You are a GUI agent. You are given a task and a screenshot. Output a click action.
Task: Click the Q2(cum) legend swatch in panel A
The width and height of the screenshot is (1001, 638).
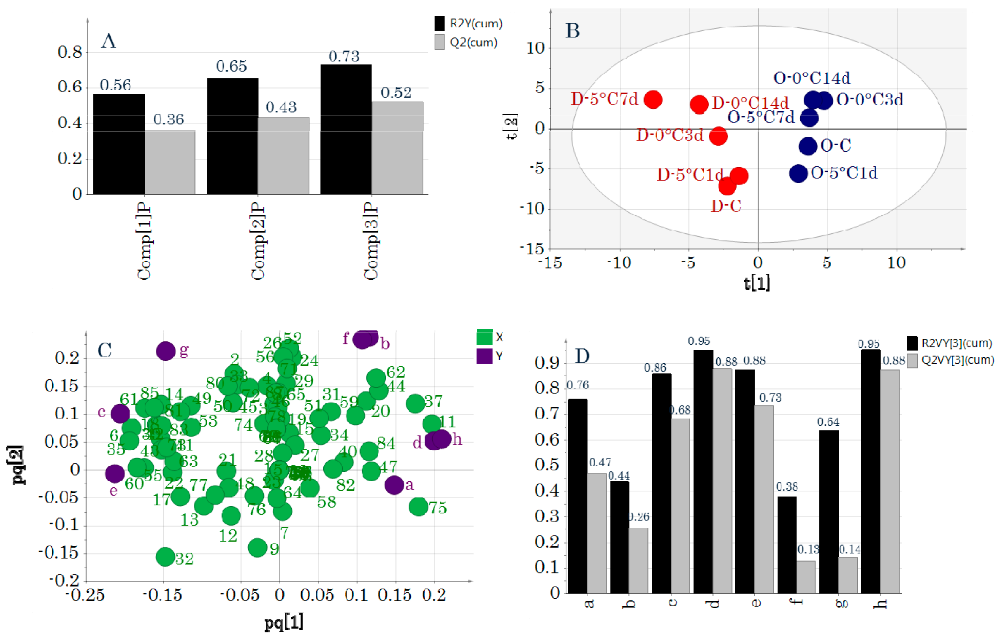click(x=440, y=42)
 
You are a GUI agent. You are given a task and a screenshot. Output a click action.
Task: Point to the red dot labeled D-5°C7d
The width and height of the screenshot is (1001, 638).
click(x=653, y=100)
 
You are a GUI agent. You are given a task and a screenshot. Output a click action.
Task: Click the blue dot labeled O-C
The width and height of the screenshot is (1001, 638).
click(x=808, y=146)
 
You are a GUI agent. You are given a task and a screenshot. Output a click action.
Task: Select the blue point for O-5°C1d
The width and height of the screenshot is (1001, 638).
click(x=798, y=173)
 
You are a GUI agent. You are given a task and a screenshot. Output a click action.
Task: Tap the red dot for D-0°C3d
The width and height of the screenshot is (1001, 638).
click(x=718, y=136)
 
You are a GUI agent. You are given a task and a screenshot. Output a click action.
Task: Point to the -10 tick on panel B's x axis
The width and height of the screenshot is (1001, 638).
click(x=619, y=263)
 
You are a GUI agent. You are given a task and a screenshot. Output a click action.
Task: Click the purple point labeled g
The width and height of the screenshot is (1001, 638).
click(x=166, y=351)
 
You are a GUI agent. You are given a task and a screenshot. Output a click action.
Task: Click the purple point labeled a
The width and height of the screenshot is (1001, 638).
click(x=394, y=485)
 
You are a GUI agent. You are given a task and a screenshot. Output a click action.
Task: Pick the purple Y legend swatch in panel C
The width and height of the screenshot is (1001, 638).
click(x=484, y=356)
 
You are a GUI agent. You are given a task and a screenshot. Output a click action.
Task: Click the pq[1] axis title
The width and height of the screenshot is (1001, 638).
click(x=284, y=622)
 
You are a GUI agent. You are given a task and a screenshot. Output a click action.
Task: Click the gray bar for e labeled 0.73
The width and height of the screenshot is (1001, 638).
click(x=764, y=499)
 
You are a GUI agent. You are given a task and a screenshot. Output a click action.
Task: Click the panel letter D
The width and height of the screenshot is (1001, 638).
click(x=582, y=356)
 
